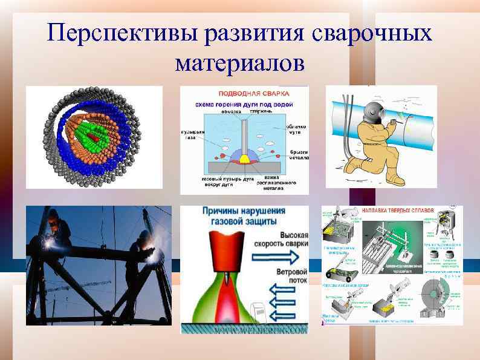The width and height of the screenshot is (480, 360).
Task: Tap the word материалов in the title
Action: (x=240, y=63)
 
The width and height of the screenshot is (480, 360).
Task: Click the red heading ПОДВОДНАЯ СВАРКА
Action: (x=244, y=94)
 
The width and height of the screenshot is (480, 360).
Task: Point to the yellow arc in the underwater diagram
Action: (x=246, y=159)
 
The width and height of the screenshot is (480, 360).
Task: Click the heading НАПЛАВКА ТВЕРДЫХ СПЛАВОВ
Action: (x=397, y=210)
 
